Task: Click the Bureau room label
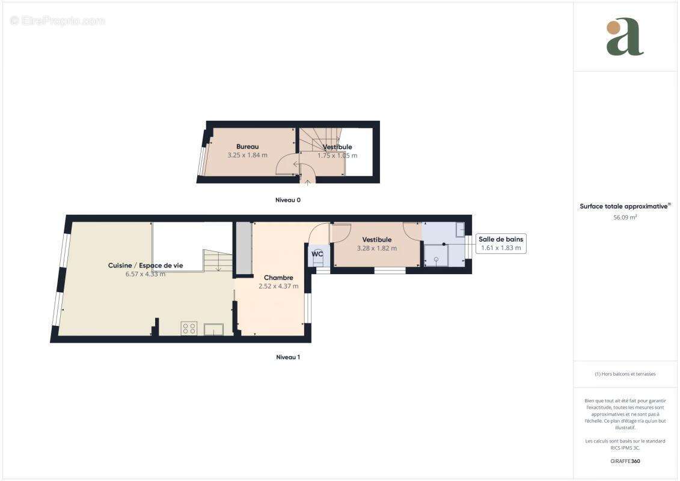pyautogui.click(x=247, y=147)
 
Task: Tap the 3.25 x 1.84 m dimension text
pyautogui.click(x=247, y=155)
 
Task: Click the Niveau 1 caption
pyautogui.click(x=287, y=357)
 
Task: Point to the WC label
pyautogui.click(x=317, y=254)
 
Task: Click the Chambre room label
pyautogui.click(x=278, y=278)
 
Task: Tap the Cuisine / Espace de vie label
pyautogui.click(x=145, y=266)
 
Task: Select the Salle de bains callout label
pyautogui.click(x=501, y=239)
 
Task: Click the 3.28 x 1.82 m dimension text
pyautogui.click(x=377, y=248)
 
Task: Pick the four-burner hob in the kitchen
pyautogui.click(x=189, y=328)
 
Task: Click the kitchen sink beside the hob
pyautogui.click(x=213, y=328)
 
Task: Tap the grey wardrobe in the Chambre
pyautogui.click(x=243, y=249)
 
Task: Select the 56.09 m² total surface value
pyautogui.click(x=625, y=218)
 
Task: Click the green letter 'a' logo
pyautogui.click(x=625, y=37)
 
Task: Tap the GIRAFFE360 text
pyautogui.click(x=625, y=462)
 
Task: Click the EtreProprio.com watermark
pyautogui.click(x=58, y=21)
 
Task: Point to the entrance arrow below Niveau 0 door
pyautogui.click(x=308, y=182)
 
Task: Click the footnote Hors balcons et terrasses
pyautogui.click(x=625, y=374)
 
